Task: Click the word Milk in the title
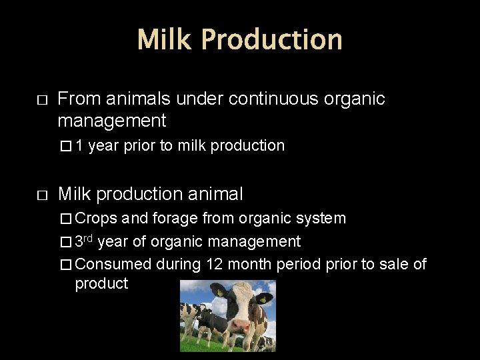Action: (165, 39)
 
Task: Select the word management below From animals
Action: (111, 121)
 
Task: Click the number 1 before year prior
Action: (79, 145)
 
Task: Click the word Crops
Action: (96, 218)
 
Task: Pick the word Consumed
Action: (113, 264)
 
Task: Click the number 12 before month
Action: (214, 264)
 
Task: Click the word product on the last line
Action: (101, 283)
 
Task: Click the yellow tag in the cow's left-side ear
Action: (219, 291)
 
